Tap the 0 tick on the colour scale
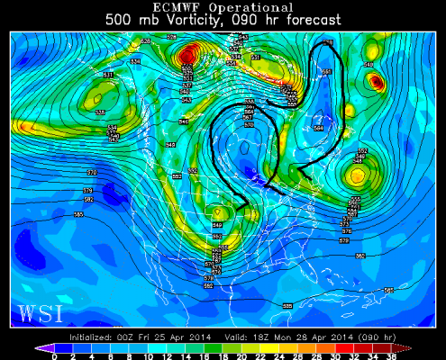tap(55, 356)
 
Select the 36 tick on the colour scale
tap(389, 356)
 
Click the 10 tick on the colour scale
tap(148, 356)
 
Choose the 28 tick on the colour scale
tap(315, 356)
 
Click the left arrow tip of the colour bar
tap(39, 347)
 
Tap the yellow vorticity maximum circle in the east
tap(359, 175)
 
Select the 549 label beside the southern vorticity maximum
tap(217, 225)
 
